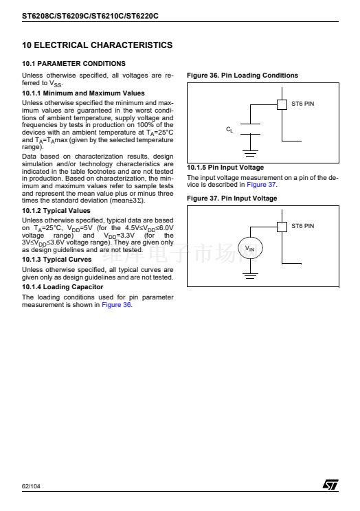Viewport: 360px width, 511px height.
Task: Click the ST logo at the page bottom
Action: point(330,484)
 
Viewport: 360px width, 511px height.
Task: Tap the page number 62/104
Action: point(31,486)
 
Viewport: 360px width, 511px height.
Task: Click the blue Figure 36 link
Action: point(116,305)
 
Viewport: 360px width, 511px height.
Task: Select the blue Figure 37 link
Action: point(261,185)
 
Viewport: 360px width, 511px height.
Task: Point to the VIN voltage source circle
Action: point(250,248)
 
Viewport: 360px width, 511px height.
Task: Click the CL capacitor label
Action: point(229,129)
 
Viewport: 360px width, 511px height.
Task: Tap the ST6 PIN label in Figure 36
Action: point(302,104)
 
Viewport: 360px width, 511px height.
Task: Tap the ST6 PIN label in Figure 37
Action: point(302,226)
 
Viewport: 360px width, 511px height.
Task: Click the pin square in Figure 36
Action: point(282,104)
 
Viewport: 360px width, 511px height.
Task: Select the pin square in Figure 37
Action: point(282,227)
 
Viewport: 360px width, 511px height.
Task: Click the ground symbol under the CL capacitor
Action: point(251,153)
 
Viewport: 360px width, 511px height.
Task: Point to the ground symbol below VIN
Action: point(251,275)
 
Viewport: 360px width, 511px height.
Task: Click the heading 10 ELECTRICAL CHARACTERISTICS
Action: point(97,45)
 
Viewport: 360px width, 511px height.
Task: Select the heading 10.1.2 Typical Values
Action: point(56,211)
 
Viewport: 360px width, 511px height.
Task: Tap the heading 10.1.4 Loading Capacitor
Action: point(63,287)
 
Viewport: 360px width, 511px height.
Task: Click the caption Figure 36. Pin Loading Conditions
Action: point(243,76)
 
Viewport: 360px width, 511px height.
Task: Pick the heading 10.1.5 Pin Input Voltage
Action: point(225,168)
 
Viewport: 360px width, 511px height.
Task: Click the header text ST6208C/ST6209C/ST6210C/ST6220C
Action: point(90,16)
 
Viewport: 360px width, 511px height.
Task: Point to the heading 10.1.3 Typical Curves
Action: point(57,260)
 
